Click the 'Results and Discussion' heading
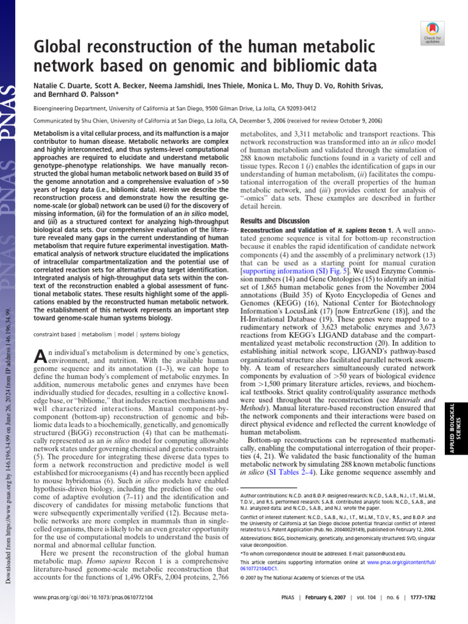pyautogui.click(x=274, y=221)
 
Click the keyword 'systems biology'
pyautogui.click(x=160, y=335)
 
